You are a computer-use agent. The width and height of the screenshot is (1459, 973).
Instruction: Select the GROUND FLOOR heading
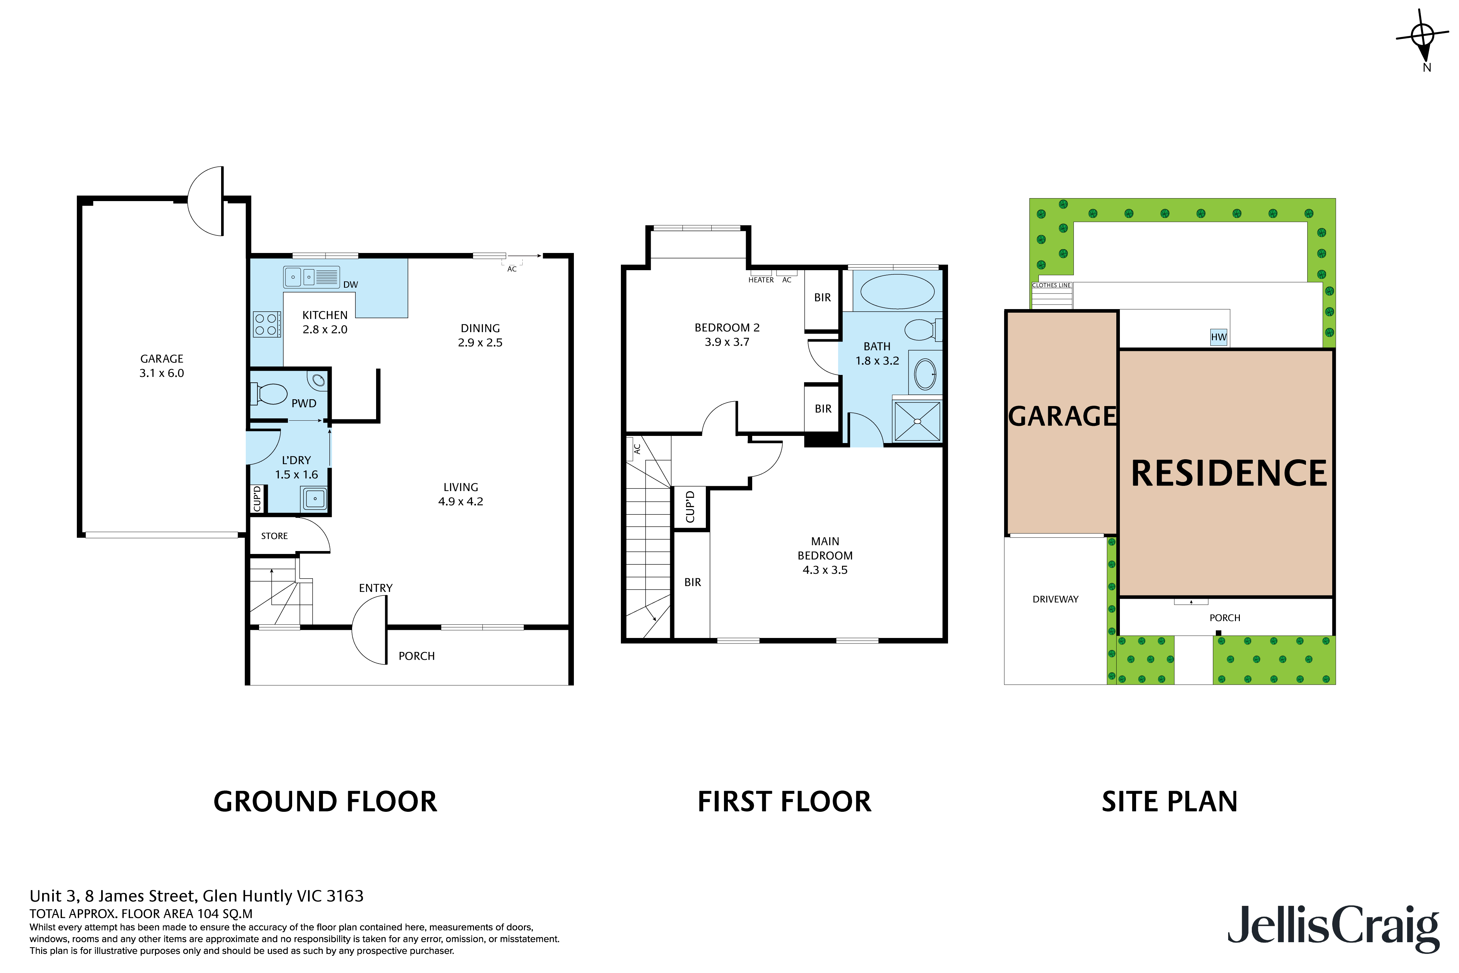325,802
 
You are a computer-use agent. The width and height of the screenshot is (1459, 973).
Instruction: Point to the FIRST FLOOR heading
784,802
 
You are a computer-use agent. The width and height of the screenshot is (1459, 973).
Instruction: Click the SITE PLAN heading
1169,802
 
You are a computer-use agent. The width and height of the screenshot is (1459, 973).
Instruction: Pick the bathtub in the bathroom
897,291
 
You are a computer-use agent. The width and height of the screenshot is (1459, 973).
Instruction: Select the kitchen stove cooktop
267,324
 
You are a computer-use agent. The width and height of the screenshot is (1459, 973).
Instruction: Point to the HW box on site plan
1218,337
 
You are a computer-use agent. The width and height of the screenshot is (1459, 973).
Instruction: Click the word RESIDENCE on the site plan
1228,474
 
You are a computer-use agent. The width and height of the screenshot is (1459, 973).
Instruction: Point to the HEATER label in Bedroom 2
761,280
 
